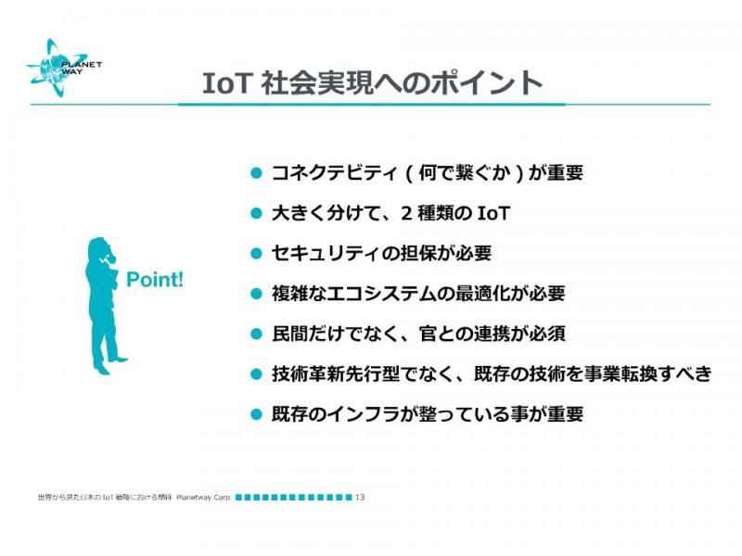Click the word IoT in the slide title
point(225,83)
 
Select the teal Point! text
point(155,280)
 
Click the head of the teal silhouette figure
point(100,247)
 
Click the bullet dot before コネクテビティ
point(256,172)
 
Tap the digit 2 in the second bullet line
point(406,213)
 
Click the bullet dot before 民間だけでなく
point(256,334)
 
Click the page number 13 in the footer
point(360,497)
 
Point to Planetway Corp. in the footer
point(203,498)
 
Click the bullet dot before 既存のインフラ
point(256,414)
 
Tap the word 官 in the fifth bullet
point(428,334)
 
